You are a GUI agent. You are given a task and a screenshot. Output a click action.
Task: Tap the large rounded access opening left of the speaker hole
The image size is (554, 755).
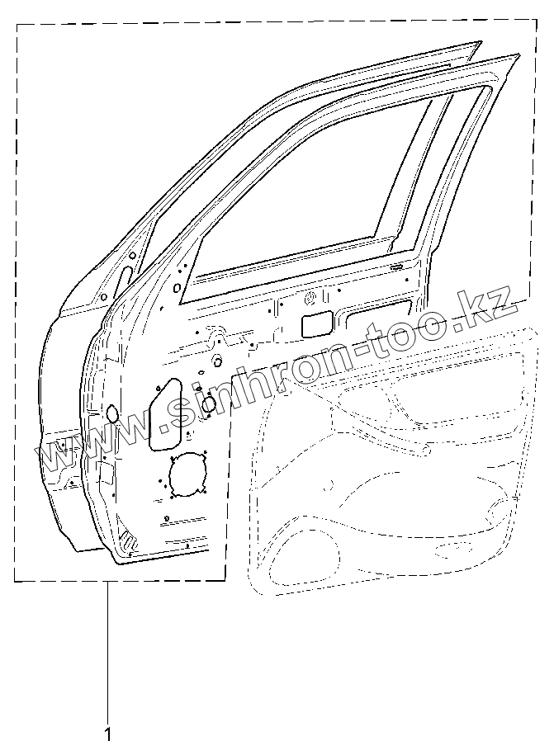(x=165, y=415)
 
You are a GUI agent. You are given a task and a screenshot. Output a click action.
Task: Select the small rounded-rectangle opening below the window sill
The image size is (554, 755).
(x=317, y=324)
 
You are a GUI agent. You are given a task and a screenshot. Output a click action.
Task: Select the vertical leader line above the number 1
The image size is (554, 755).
(x=107, y=652)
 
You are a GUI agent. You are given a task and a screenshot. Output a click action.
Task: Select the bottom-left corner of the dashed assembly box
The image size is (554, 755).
(x=15, y=581)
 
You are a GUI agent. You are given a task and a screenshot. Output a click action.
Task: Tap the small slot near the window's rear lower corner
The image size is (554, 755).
(x=395, y=267)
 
